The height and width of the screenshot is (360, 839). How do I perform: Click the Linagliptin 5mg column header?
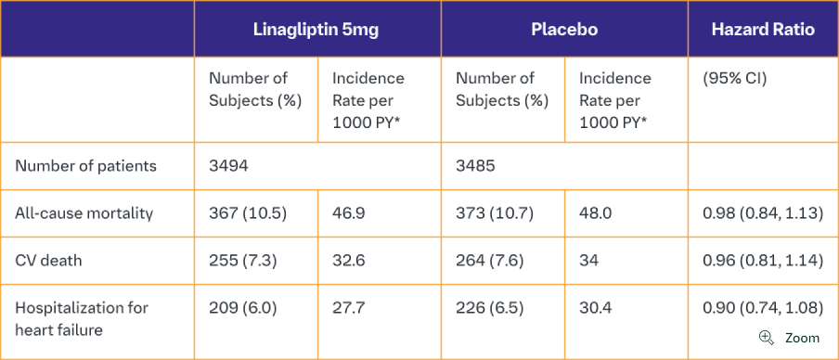[x=316, y=29]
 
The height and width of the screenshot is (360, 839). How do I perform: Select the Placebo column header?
[x=563, y=29]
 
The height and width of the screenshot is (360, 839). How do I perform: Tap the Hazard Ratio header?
[x=763, y=29]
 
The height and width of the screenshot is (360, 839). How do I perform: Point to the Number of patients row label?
[x=86, y=166]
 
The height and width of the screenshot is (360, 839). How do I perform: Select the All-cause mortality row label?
[x=84, y=213]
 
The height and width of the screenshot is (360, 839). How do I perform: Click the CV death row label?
[x=48, y=261]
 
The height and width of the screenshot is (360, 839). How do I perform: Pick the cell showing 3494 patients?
[x=228, y=166]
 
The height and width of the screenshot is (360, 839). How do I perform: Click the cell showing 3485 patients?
[x=475, y=166]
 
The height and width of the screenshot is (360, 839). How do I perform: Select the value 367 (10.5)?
[x=248, y=213]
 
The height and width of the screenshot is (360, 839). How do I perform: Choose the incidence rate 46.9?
[x=348, y=213]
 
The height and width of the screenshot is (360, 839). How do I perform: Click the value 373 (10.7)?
[x=495, y=213]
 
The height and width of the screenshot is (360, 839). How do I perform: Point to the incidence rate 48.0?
[x=595, y=213]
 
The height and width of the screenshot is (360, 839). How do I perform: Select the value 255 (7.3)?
[x=243, y=261]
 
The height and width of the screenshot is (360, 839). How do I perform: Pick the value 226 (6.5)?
[x=491, y=307]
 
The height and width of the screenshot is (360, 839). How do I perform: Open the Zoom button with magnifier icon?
[x=790, y=338]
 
